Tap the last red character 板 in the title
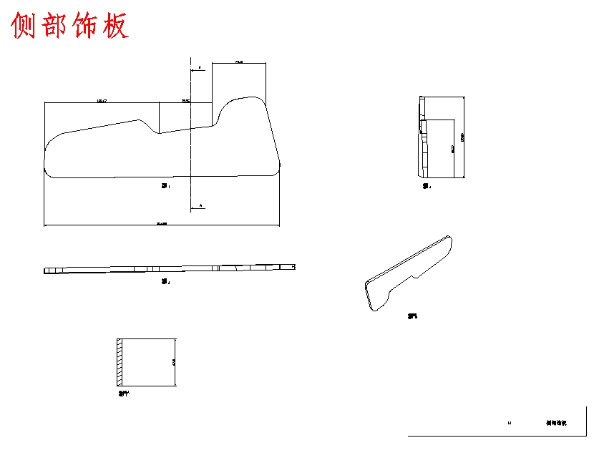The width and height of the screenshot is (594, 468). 115,26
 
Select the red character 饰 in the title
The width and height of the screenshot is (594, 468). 86,26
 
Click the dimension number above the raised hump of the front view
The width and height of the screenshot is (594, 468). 239,63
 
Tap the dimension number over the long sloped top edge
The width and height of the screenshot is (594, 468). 102,102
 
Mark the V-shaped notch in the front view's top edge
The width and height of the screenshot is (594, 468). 157,130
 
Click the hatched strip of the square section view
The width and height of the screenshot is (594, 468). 120,361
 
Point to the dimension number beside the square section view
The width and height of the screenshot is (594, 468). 173,362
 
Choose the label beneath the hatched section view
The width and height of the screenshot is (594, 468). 124,393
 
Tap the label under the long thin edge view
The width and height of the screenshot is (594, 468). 165,282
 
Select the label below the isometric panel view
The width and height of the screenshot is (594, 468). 412,316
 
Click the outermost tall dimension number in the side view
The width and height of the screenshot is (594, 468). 464,136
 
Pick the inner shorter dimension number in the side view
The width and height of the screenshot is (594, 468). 452,148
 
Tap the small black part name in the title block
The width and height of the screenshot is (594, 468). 556,424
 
